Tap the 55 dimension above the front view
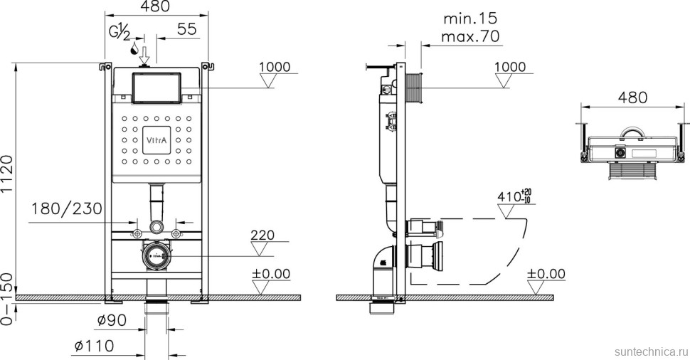[186, 29]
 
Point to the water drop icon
[135, 49]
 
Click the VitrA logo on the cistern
[157, 141]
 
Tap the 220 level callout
[262, 235]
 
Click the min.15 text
[470, 18]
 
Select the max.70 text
[470, 36]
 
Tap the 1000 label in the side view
[510, 68]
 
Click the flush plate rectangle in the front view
[156, 88]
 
